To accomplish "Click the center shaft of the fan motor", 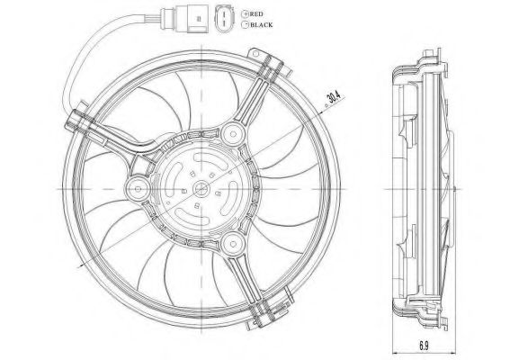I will [x=201, y=188].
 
